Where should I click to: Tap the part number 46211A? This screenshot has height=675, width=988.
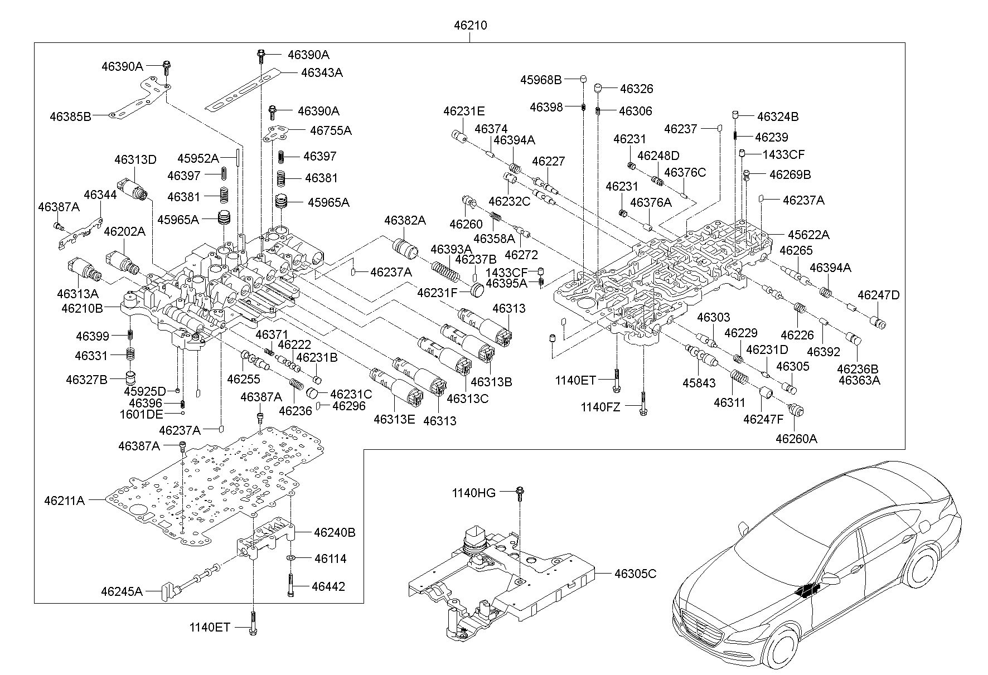65,501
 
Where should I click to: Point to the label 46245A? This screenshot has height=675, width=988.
122,591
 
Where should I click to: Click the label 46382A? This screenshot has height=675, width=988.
405,221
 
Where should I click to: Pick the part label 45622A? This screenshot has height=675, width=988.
808,235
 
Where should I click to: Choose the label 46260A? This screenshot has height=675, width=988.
796,439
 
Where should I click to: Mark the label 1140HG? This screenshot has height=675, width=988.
473,493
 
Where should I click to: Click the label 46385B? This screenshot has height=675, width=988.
70,116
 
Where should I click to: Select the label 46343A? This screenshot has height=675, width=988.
322,72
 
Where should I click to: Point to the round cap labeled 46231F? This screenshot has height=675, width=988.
477,290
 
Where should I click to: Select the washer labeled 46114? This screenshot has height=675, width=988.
292,558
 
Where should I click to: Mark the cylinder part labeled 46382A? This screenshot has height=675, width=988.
406,248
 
